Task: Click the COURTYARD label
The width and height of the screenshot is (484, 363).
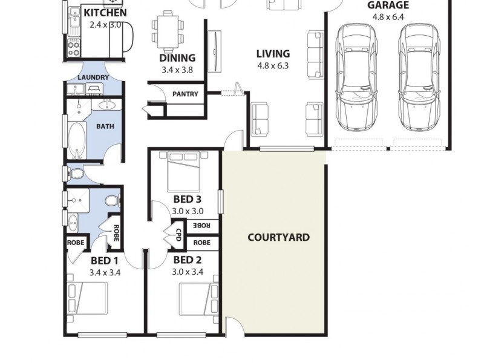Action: click(x=279, y=237)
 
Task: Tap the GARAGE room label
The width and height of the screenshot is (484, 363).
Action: click(x=388, y=5)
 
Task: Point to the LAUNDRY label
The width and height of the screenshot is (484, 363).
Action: click(x=94, y=77)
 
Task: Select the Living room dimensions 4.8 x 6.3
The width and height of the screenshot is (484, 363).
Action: click(x=273, y=65)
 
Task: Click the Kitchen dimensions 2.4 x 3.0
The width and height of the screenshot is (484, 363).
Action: click(x=105, y=25)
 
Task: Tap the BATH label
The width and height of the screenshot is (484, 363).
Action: click(x=105, y=127)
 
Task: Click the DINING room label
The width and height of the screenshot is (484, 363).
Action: click(x=177, y=58)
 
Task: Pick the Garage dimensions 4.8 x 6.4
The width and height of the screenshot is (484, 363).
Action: click(x=388, y=18)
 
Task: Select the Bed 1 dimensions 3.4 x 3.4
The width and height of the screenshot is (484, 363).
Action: click(x=103, y=272)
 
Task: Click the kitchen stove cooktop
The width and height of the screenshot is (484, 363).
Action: click(x=74, y=47)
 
